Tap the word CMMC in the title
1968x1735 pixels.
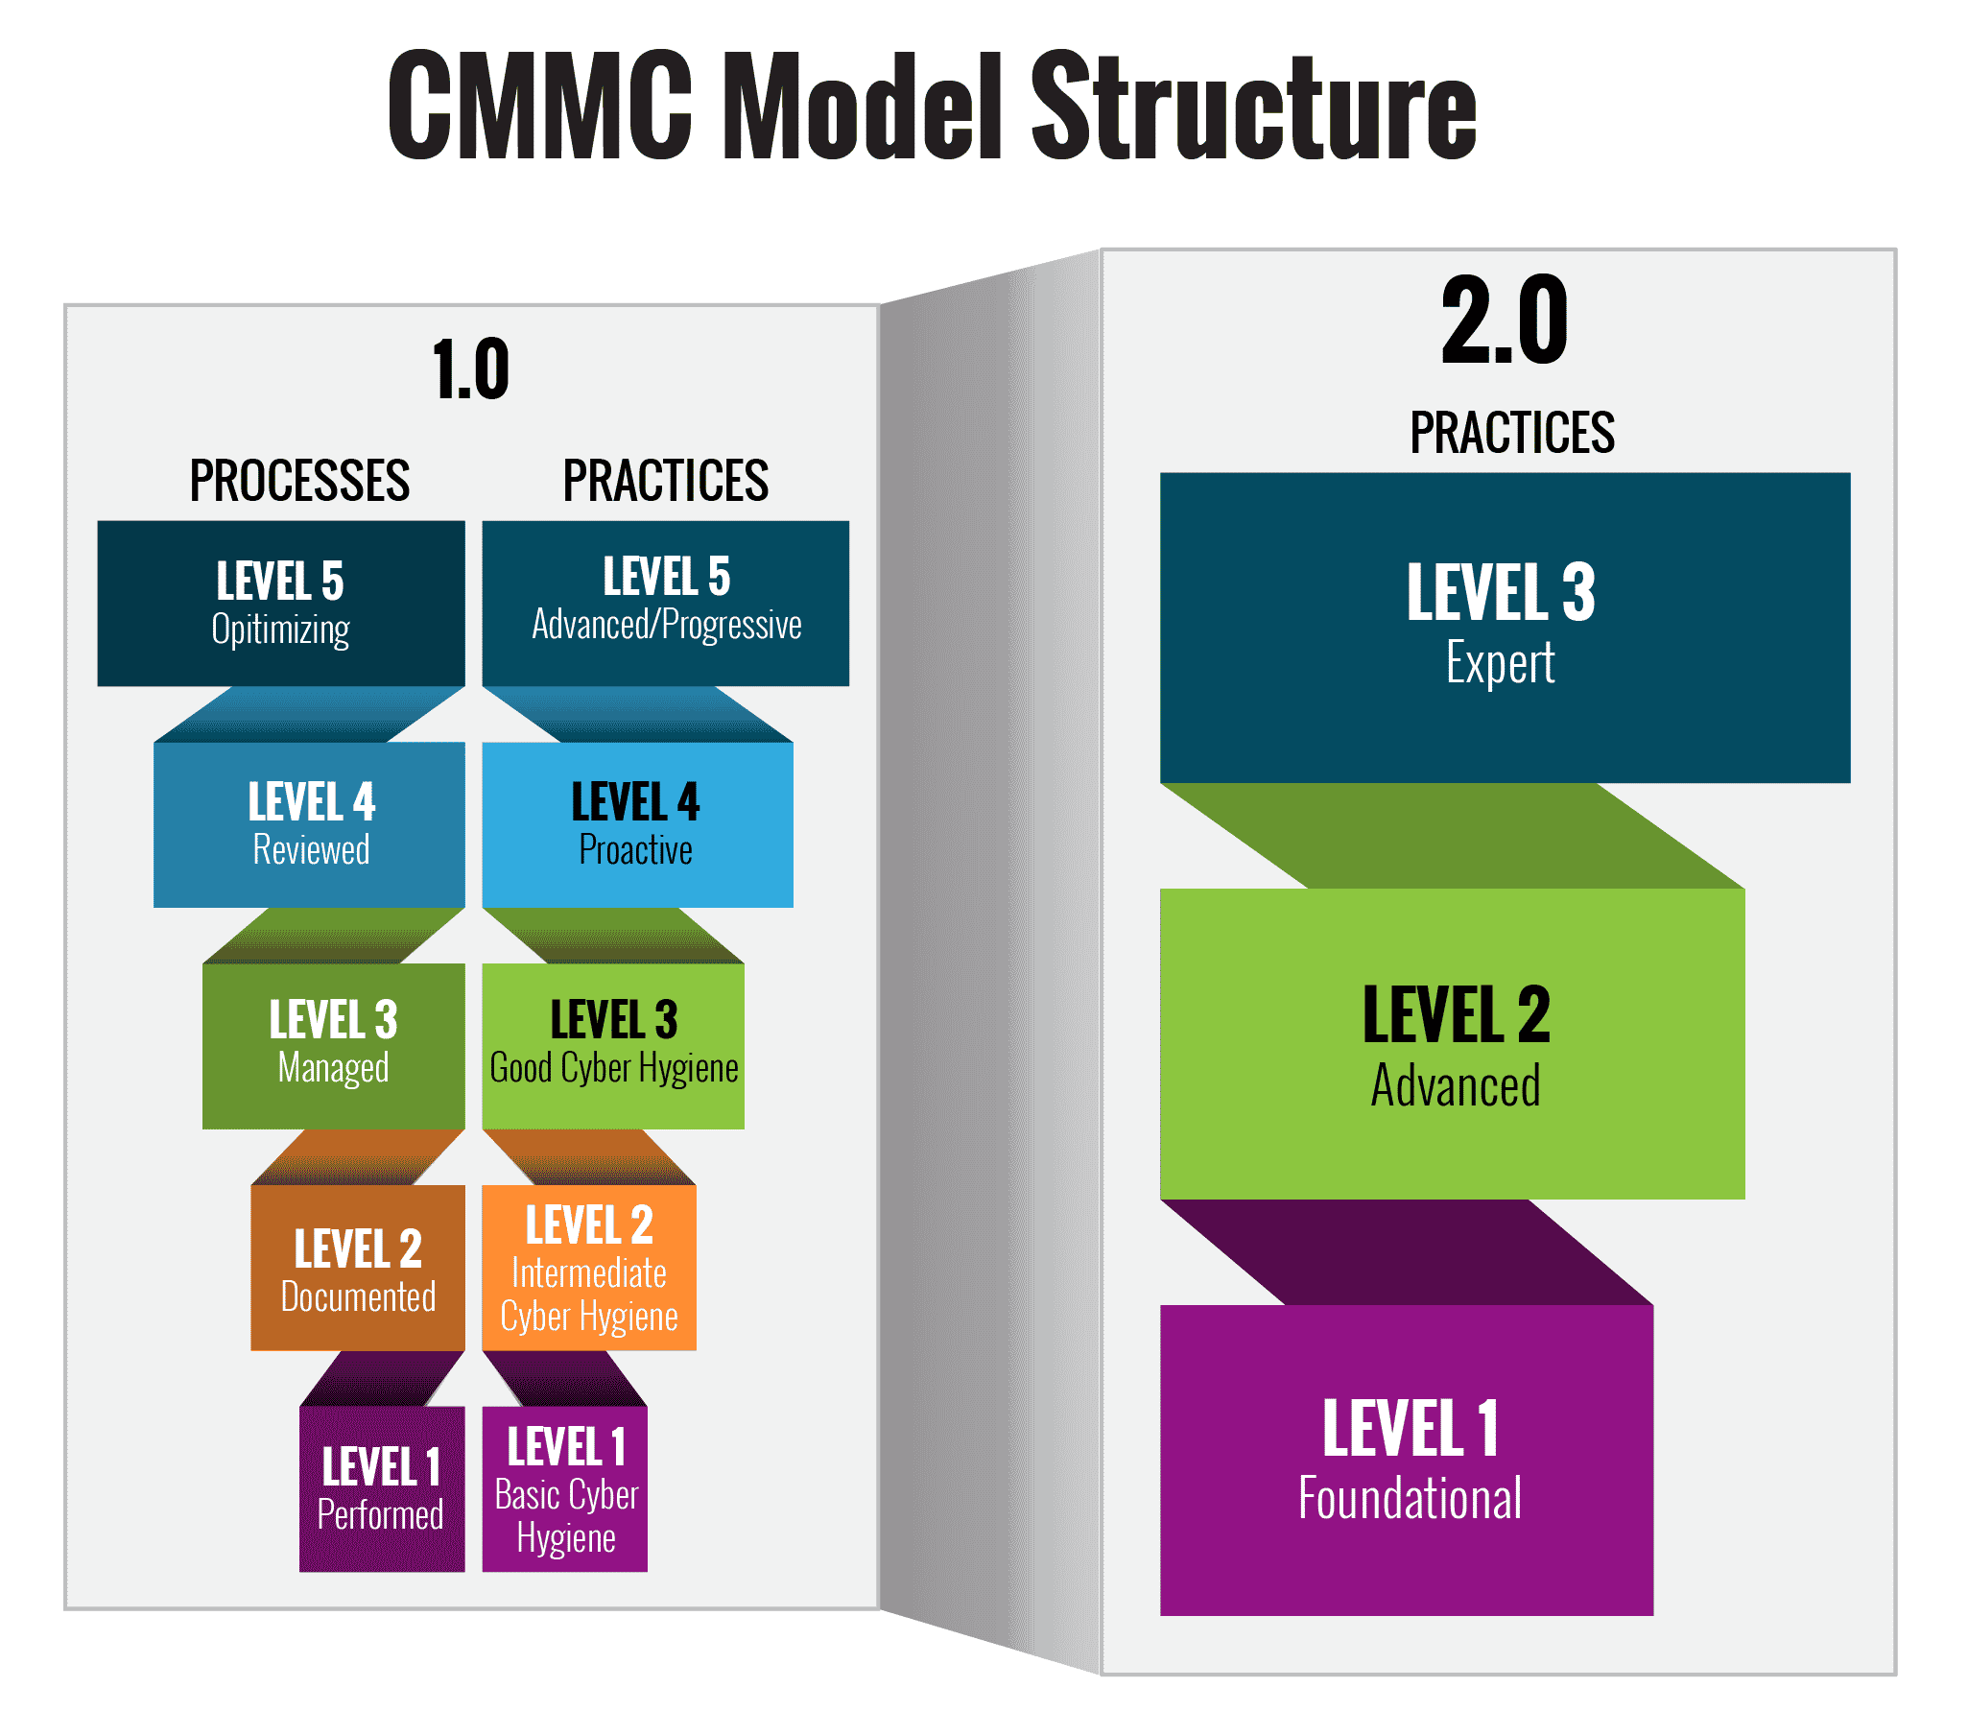(540, 104)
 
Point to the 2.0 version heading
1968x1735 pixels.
(1505, 320)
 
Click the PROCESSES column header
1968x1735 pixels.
(299, 481)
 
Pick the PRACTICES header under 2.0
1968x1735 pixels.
(1512, 432)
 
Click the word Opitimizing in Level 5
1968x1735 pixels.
(280, 630)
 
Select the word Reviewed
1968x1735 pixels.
(311, 850)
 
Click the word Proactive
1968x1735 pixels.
(635, 850)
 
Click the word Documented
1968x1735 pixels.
(358, 1296)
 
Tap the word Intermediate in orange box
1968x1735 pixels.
(589, 1273)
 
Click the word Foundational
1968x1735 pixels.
(1410, 1499)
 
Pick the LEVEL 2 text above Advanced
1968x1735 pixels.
(1456, 1015)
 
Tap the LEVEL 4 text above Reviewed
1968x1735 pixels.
(311, 801)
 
